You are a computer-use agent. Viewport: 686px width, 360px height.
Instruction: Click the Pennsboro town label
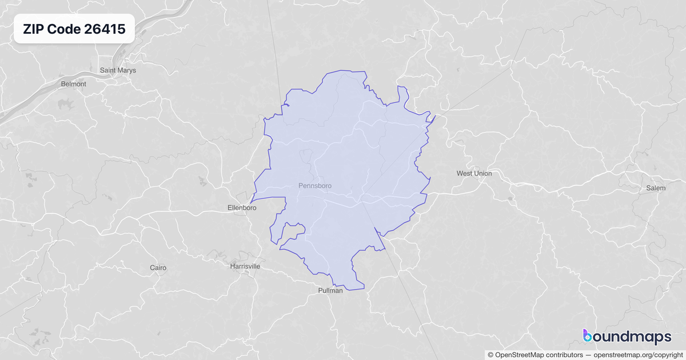tap(314, 186)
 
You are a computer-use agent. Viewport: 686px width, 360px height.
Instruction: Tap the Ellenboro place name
tap(242, 208)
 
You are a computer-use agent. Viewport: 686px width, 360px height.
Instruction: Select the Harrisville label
tap(245, 266)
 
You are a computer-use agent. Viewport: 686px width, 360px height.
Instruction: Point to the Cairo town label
tap(158, 267)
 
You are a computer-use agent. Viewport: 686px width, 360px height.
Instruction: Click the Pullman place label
tap(330, 290)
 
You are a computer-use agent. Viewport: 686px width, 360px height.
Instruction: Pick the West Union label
tap(474, 173)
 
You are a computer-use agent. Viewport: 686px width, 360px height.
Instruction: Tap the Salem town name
tap(655, 188)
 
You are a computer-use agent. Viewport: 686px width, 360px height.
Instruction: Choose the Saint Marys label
tap(118, 70)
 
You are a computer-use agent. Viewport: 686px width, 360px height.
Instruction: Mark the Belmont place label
tap(73, 84)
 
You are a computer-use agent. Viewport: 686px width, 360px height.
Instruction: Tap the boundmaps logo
tap(627, 337)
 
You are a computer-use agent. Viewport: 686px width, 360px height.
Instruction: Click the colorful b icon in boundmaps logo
tap(588, 336)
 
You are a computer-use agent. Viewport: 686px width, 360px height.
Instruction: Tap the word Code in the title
tap(63, 30)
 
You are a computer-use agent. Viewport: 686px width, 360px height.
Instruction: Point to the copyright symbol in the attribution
tap(490, 354)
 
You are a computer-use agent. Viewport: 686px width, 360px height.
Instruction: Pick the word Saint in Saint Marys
tap(109, 70)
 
